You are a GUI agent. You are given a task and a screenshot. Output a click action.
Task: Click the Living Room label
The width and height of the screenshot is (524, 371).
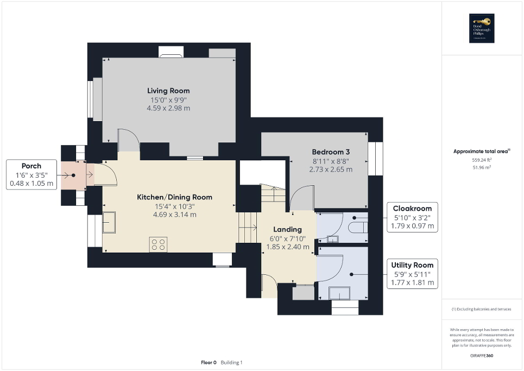(x=168, y=91)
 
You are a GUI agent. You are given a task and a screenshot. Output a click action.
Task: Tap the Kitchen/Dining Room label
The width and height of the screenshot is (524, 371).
(x=174, y=197)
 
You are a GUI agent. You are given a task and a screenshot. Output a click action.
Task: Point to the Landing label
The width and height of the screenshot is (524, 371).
(x=287, y=229)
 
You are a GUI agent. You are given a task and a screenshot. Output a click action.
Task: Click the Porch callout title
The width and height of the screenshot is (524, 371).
(x=31, y=166)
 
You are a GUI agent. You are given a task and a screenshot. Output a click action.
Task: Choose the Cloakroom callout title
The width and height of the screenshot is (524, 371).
(x=413, y=208)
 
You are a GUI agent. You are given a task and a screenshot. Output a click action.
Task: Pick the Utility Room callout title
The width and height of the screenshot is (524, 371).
(x=413, y=265)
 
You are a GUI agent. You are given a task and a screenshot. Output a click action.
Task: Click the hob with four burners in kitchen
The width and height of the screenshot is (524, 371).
(x=159, y=244)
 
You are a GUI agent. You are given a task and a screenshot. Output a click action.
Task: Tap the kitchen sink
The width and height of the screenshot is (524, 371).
(x=109, y=223)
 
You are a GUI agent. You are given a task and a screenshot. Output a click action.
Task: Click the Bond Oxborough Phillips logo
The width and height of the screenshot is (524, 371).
(x=482, y=28)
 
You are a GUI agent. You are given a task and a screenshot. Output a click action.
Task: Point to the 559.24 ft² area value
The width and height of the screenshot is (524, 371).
(x=482, y=161)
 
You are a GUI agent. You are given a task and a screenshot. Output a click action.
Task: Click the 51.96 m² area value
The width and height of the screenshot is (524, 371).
(x=482, y=168)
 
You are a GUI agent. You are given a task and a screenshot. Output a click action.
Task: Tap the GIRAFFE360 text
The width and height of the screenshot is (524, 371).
(x=482, y=355)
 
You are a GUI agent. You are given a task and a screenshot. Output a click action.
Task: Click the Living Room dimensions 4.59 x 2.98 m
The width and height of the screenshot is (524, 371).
(x=168, y=108)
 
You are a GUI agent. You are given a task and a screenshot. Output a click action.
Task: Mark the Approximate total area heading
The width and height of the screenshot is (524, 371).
(x=482, y=152)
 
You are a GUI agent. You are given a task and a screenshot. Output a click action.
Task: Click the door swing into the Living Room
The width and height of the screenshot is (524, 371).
(x=128, y=139)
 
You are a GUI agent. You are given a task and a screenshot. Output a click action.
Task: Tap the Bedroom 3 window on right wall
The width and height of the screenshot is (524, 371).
(x=375, y=159)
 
